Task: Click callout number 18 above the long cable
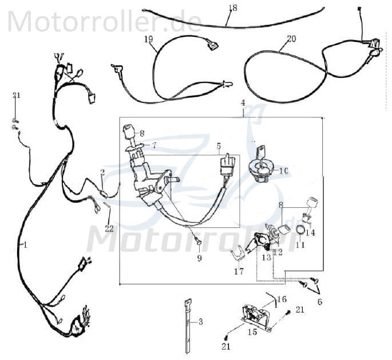pos(232,8)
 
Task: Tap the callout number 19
pos(149,39)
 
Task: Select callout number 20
pos(291,39)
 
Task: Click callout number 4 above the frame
pos(243,103)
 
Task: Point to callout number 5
pos(218,146)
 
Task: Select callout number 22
pos(109,228)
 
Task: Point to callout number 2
pos(102,172)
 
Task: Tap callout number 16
pos(282,299)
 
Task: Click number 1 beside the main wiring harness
pos(24,244)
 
